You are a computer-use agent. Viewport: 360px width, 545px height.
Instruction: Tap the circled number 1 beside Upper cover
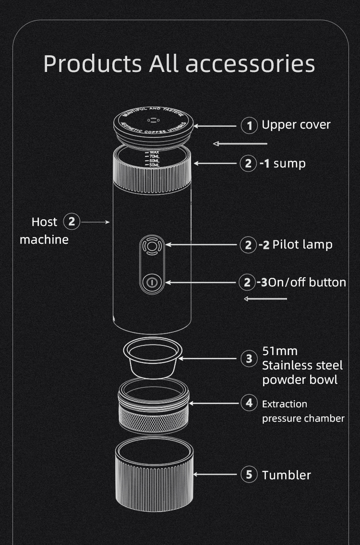(x=249, y=126)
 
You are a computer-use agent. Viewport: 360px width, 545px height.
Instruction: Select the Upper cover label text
(x=296, y=125)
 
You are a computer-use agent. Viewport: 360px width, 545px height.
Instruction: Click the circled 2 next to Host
(x=72, y=222)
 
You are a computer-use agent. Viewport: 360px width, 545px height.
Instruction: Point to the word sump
(x=289, y=164)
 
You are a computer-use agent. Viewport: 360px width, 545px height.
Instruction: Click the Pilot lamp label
(x=302, y=245)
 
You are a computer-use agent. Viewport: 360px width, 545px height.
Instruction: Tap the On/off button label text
(x=307, y=282)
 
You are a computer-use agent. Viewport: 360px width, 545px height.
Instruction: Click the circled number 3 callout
(x=249, y=358)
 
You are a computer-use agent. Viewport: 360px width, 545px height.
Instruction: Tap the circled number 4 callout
(x=249, y=403)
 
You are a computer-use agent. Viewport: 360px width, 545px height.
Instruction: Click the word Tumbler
(x=286, y=475)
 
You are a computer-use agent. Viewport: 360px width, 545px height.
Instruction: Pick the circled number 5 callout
(x=249, y=475)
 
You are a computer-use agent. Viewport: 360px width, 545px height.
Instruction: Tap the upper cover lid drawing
(x=154, y=125)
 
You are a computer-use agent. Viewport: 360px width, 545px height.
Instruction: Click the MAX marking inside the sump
(x=154, y=152)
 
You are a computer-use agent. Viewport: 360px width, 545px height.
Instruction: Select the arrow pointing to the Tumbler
(x=216, y=475)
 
